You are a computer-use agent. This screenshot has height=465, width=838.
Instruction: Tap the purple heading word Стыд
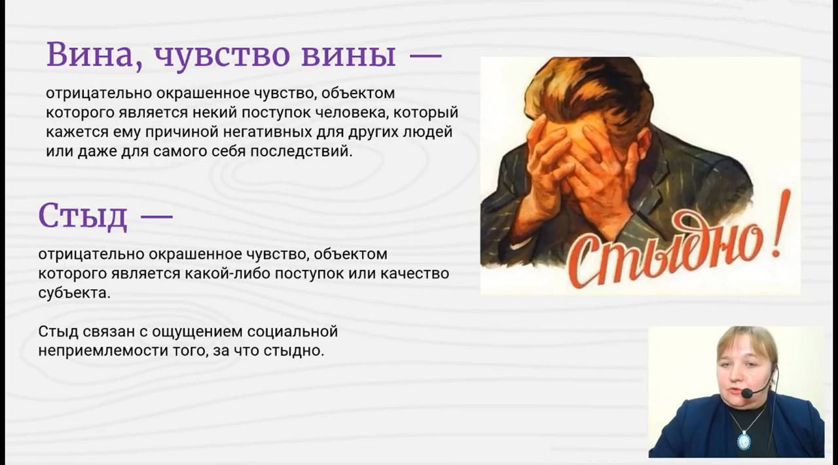[x=82, y=216]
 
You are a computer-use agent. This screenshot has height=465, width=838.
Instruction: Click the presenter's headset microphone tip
[x=746, y=393]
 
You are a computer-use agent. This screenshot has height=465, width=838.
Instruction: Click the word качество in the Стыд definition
[x=416, y=273]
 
